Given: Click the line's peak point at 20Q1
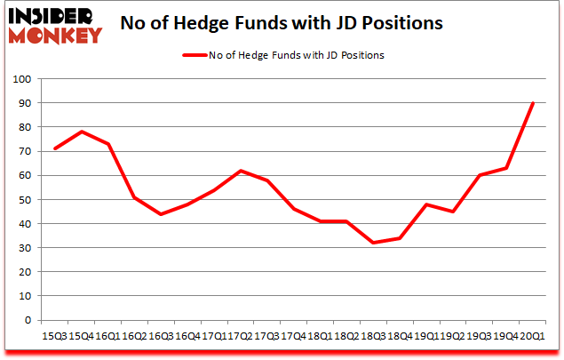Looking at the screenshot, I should click(x=532, y=103).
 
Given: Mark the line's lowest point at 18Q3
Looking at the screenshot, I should click(x=373, y=243).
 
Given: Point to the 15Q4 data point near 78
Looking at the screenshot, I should click(x=82, y=132).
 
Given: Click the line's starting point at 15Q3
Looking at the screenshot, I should click(x=55, y=149).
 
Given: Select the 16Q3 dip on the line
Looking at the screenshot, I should click(x=161, y=214).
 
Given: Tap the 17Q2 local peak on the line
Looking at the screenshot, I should click(x=240, y=171).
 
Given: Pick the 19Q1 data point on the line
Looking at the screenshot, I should click(x=426, y=204).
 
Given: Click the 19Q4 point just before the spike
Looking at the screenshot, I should click(x=505, y=168).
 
